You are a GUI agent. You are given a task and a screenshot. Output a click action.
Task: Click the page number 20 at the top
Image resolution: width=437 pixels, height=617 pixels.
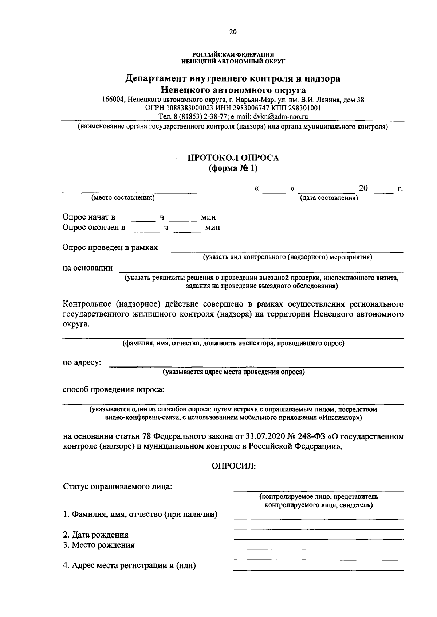tap(233, 32)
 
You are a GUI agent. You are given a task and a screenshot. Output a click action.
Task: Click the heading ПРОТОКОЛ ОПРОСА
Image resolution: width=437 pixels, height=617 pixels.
tap(233, 158)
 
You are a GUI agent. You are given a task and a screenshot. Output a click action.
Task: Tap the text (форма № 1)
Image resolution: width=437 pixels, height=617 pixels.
tap(233, 168)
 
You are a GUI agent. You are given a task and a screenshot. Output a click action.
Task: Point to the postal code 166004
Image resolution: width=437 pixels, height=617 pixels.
tap(113, 100)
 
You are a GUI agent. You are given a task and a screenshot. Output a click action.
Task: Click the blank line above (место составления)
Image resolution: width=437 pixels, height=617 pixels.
tap(129, 191)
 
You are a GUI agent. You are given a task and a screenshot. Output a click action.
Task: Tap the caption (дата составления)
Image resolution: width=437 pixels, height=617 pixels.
tap(328, 198)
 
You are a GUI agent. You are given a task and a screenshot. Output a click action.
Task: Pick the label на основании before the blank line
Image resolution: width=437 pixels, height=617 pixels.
tap(87, 268)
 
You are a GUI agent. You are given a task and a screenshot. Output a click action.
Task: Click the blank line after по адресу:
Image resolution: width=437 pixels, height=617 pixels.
tap(256, 366)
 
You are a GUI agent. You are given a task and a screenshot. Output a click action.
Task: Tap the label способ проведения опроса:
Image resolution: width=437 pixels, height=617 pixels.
tap(114, 390)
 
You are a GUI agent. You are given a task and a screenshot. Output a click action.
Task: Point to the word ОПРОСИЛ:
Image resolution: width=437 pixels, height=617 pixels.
tap(233, 466)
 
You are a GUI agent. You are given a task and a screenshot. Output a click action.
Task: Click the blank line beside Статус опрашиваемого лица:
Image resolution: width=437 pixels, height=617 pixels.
tap(318, 490)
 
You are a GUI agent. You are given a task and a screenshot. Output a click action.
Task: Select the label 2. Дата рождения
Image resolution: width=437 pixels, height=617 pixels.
tap(96, 535)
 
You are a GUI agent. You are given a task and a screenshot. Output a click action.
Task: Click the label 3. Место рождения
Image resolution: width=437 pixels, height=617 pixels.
tap(99, 545)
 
